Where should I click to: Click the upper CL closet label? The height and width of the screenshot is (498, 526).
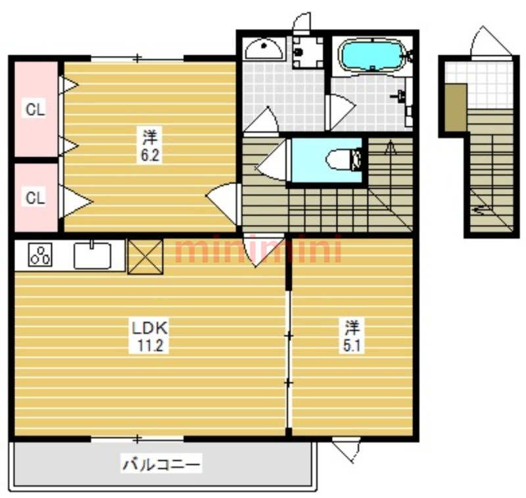(x=36, y=109)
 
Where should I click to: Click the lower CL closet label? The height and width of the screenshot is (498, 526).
(x=36, y=198)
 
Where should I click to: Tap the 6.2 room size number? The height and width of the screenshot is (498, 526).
(x=150, y=155)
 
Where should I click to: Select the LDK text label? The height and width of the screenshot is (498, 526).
(x=150, y=328)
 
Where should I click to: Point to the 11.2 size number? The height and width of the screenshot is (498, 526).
(x=150, y=345)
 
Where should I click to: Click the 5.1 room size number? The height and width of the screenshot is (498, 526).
(x=352, y=345)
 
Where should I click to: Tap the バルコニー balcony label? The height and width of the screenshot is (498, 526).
(x=161, y=464)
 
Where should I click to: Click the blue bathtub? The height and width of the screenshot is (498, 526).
(x=371, y=55)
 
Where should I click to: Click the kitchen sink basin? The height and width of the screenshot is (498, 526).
(x=92, y=255)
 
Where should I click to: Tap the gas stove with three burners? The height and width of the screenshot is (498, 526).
(x=40, y=255)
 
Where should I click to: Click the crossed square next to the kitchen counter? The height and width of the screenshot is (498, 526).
(x=145, y=257)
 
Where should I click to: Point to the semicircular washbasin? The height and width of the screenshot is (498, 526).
(x=264, y=49)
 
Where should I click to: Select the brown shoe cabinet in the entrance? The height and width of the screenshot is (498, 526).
(x=456, y=108)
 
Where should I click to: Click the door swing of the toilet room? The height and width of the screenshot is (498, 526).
(x=272, y=160)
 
